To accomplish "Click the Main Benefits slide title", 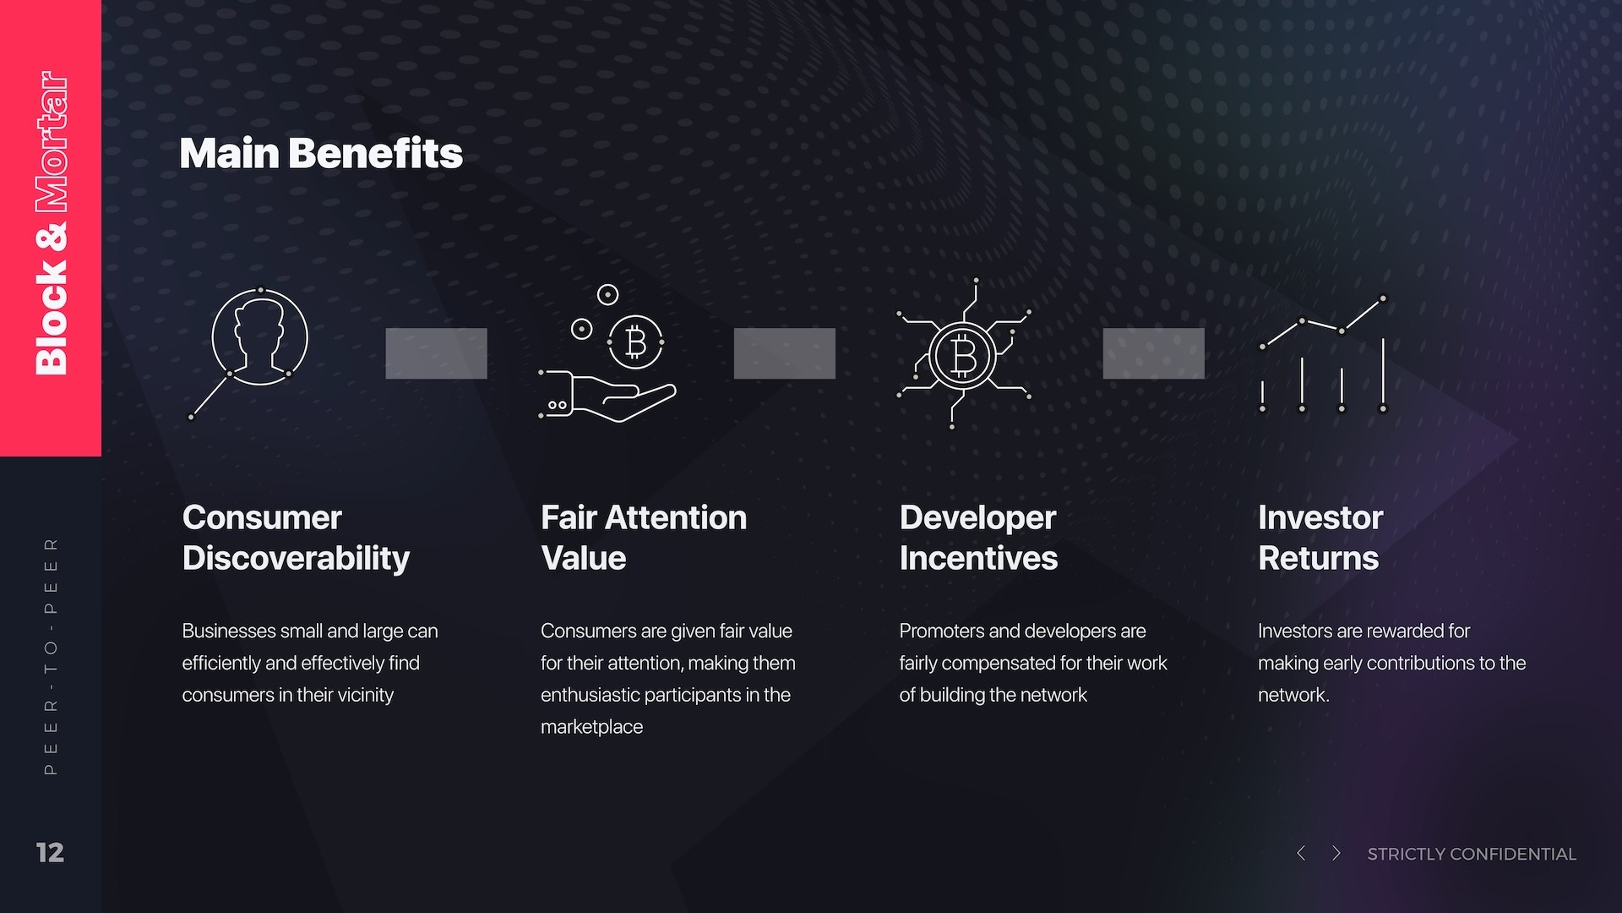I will (x=321, y=154).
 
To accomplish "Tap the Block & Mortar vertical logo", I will (x=51, y=223).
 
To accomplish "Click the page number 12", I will (x=50, y=852).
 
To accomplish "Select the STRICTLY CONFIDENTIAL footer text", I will (x=1472, y=854).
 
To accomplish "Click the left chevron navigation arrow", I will (x=1301, y=853).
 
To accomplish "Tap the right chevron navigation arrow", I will (x=1336, y=853).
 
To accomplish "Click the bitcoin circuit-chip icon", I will (x=963, y=355).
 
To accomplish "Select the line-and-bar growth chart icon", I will (x=1323, y=355).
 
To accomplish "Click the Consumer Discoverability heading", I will (x=296, y=538).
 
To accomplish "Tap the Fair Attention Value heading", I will (x=644, y=538).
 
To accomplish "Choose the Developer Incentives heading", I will (x=978, y=538).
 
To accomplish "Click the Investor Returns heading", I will (x=1320, y=538).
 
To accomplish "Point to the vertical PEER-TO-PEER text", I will (x=51, y=656).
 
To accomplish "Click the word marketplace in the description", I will (x=591, y=727).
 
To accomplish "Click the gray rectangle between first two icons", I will (x=436, y=353).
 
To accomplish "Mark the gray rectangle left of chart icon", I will (x=1153, y=353).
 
